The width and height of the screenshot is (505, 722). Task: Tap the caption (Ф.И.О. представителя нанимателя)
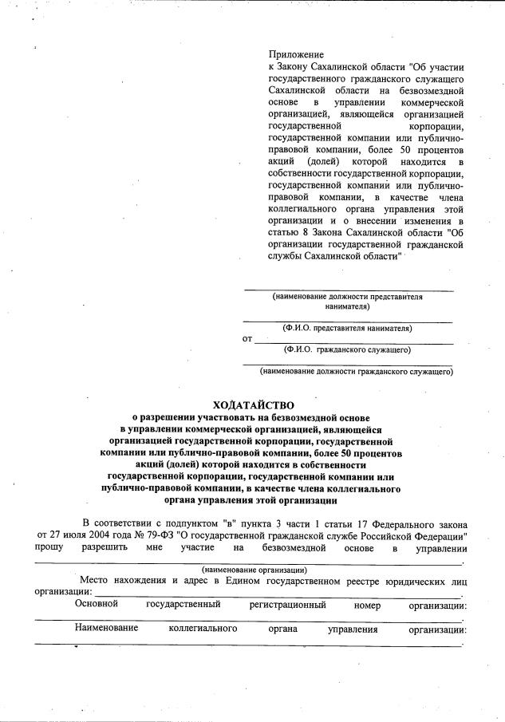point(347,328)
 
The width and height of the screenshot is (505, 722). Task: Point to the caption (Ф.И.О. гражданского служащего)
point(347,349)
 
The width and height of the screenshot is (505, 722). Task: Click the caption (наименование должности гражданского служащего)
point(356,371)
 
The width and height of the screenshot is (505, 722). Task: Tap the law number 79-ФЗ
point(164,535)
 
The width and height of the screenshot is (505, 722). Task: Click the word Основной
point(97,605)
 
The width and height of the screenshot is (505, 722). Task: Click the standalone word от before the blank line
point(247,339)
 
